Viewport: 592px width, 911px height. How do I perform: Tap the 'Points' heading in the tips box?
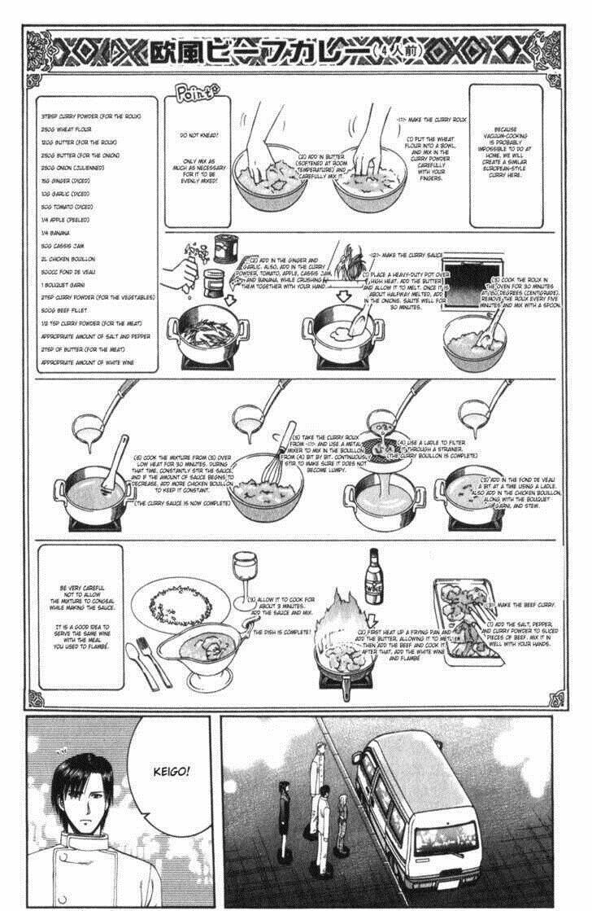point(194,96)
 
